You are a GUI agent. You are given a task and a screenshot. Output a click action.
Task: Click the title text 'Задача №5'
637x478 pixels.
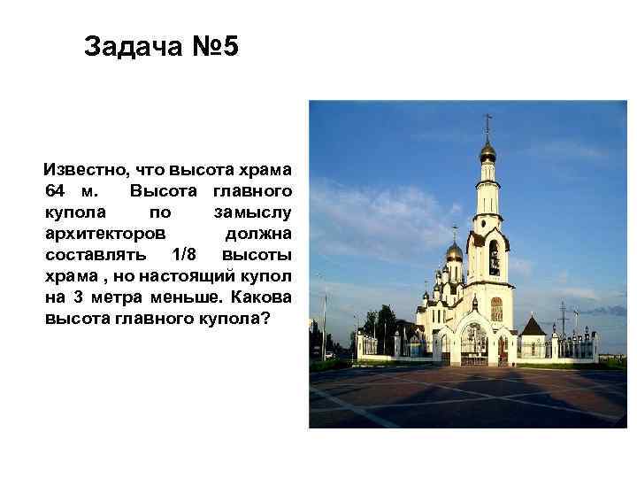click(161, 47)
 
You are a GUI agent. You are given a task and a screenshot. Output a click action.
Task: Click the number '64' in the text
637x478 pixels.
click(55, 190)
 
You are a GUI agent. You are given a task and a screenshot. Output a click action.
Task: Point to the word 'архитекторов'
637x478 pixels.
click(104, 233)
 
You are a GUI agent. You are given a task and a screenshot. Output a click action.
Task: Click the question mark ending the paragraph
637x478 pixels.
click(265, 318)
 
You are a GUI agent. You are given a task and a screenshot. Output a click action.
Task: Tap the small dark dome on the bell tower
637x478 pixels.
click(487, 153)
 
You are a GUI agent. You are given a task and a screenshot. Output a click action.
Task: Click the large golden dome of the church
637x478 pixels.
click(454, 253)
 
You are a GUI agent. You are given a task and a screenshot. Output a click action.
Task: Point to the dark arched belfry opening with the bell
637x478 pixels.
click(494, 258)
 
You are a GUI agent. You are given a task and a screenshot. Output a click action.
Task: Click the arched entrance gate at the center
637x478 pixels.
click(474, 346)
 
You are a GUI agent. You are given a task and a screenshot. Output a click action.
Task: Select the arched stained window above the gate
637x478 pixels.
click(496, 308)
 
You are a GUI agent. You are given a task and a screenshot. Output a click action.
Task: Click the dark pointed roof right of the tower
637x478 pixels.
click(533, 325)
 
